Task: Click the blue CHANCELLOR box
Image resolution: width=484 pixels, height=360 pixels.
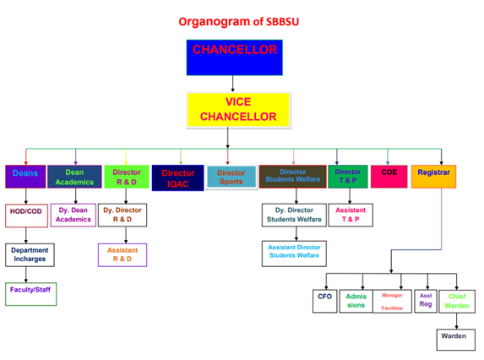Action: tap(234, 58)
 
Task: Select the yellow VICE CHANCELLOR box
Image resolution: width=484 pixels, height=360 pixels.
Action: tap(238, 109)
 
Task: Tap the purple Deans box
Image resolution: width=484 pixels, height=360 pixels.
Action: tap(25, 176)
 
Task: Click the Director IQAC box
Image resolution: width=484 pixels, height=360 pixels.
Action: tap(177, 177)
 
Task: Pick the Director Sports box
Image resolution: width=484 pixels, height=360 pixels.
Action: tap(231, 177)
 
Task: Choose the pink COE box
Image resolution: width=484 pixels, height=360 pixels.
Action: tap(389, 175)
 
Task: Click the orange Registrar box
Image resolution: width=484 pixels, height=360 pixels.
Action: tap(433, 176)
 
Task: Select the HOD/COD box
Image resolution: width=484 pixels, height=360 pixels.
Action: tap(25, 215)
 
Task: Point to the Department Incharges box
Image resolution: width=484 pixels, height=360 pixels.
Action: tap(30, 254)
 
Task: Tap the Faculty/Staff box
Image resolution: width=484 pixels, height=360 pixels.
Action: tap(30, 293)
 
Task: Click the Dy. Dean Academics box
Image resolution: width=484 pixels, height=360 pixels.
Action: tap(74, 215)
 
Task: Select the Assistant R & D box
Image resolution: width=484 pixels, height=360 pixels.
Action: tap(123, 254)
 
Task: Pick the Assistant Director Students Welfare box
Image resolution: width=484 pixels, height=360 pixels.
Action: tap(293, 254)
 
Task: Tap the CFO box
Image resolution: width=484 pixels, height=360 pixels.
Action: tap(324, 300)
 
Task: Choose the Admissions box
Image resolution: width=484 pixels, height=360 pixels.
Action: tap(356, 300)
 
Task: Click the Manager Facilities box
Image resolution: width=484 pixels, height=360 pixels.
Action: tap(392, 301)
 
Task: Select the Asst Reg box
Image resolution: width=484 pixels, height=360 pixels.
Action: tap(426, 300)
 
